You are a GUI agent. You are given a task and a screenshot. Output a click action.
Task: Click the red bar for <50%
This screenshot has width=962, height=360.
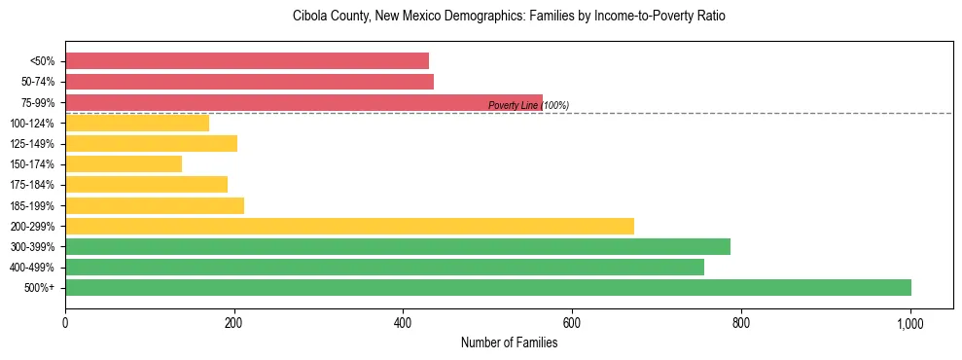pos(247,61)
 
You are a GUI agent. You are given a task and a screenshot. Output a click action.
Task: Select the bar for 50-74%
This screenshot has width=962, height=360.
pos(249,82)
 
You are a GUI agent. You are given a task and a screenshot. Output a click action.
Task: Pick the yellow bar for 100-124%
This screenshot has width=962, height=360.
pos(137,123)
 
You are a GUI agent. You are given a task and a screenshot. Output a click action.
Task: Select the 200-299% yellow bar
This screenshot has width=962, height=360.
pos(349,226)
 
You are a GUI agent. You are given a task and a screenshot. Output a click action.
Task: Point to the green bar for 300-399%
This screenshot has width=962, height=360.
pos(398,246)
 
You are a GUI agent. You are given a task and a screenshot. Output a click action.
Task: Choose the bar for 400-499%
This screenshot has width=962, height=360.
pos(384,267)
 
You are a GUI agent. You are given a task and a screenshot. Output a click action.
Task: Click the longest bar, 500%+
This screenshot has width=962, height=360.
pos(488,287)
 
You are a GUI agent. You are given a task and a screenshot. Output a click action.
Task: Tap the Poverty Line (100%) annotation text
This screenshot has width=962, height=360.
pos(528,106)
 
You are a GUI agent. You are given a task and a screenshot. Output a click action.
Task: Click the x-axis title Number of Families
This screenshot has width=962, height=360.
pos(509,342)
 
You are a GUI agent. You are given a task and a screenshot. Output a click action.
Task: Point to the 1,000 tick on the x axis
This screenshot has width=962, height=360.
pos(910,322)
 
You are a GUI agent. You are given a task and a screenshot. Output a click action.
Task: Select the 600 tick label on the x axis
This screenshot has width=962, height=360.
pos(572,322)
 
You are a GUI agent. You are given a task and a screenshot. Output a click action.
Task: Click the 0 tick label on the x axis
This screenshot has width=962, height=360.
pos(65,322)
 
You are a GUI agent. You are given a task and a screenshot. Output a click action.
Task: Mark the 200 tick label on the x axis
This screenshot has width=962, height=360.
pos(234,322)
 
